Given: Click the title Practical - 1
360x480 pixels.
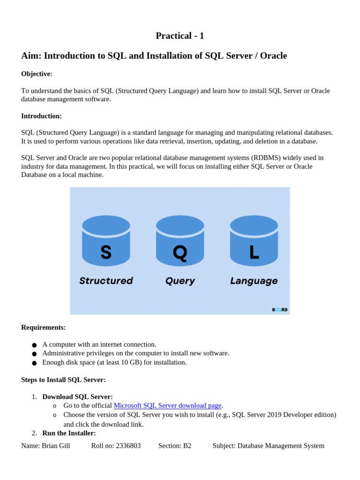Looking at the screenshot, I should pyautogui.click(x=180, y=36).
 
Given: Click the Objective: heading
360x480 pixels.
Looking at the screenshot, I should pyautogui.click(x=37, y=74).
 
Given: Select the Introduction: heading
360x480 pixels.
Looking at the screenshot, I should pyautogui.click(x=41, y=116).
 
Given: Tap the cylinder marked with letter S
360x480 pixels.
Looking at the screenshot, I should pyautogui.click(x=106, y=241).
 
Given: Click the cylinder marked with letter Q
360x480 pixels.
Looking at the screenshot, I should pyautogui.click(x=180, y=241).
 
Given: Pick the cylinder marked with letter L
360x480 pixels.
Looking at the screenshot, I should pyautogui.click(x=254, y=241).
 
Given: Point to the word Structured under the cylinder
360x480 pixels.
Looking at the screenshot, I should pyautogui.click(x=106, y=281).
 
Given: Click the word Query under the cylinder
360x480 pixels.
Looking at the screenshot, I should pyautogui.click(x=180, y=281).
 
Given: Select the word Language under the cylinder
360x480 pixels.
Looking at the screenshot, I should pyautogui.click(x=254, y=281).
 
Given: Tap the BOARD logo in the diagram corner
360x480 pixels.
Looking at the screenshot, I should pyautogui.click(x=280, y=309).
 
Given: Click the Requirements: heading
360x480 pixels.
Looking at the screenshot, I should pyautogui.click(x=44, y=327).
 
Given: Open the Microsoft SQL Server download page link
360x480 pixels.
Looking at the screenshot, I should pyautogui.click(x=167, y=405).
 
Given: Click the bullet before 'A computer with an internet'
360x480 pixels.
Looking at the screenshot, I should pyautogui.click(x=34, y=345).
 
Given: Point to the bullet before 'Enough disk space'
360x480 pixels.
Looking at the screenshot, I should pyautogui.click(x=34, y=363).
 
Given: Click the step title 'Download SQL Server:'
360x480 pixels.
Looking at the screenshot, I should pyautogui.click(x=77, y=397).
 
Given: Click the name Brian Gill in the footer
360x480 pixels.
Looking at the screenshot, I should pyautogui.click(x=56, y=446).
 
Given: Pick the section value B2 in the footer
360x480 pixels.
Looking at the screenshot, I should pyautogui.click(x=187, y=446).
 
